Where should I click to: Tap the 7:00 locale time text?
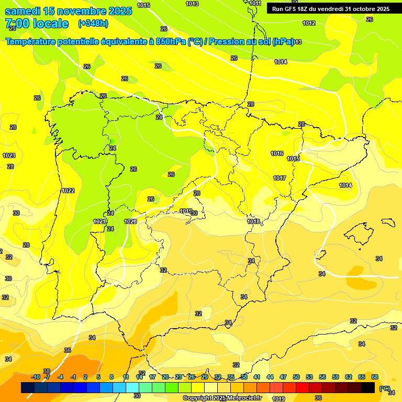[37, 24]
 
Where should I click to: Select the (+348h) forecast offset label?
[93, 24]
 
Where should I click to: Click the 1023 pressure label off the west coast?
[9, 155]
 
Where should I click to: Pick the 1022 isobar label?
[68, 191]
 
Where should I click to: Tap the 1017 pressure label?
[280, 178]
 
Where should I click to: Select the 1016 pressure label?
[277, 153]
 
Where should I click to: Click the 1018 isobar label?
[253, 221]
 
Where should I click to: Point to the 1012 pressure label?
[309, 23]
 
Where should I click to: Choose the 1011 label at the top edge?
[255, 3]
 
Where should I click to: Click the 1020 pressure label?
[130, 221]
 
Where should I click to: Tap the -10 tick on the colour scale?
[36, 377]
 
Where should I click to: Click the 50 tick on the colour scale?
[296, 377]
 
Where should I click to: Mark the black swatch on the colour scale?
[368, 387]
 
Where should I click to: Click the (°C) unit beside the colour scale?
[385, 388]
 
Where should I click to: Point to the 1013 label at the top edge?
[192, 4]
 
